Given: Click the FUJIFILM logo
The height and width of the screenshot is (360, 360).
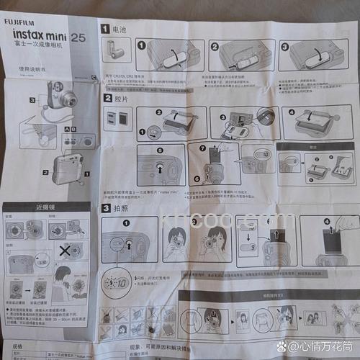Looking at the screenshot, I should click(x=24, y=22).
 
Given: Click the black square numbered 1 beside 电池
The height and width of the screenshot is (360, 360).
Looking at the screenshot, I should click(x=105, y=30).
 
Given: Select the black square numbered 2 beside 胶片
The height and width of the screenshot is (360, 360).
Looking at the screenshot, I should click(x=106, y=97).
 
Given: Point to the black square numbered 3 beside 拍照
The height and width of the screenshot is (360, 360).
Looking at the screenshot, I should click(x=106, y=208).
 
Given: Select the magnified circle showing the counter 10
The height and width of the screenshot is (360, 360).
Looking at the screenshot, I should click(x=116, y=281).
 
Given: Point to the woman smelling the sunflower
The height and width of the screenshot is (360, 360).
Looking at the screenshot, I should click(x=63, y=279).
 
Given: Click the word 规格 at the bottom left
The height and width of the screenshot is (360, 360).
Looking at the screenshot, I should click(x=18, y=346).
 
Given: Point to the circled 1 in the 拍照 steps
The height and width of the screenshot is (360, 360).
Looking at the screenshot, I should click(x=126, y=225).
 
